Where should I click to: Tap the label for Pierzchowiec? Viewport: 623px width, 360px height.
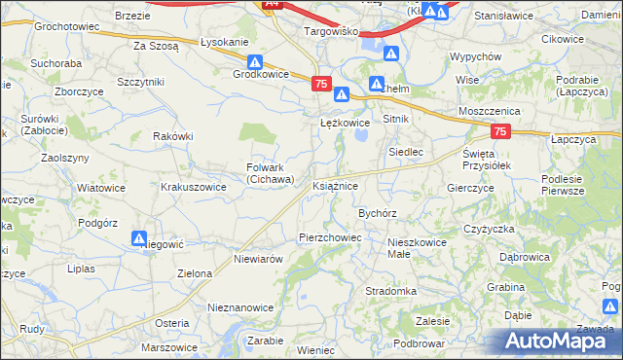coord(329,236)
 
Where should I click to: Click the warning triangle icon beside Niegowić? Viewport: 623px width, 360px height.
coord(139,237)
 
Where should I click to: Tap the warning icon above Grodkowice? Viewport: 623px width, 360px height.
coord(253,60)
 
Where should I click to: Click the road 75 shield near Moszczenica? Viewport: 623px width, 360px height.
coord(500,130)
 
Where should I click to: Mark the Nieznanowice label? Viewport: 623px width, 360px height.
coord(240,306)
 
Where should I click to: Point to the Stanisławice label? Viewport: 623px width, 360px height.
coord(505,16)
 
